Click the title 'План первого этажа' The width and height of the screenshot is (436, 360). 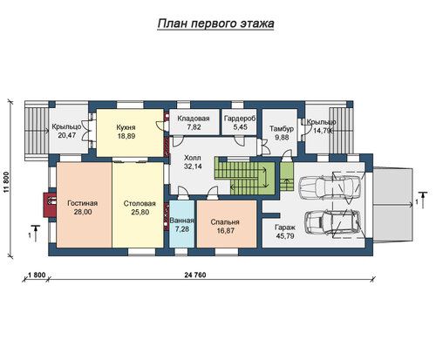(x=215, y=24)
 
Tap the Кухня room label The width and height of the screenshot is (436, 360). (x=126, y=127)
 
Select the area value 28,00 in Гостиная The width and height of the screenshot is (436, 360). (x=83, y=212)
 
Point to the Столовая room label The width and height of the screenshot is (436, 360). (x=140, y=203)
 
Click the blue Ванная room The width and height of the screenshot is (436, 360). (x=181, y=224)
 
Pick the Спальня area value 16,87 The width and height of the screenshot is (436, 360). (x=225, y=231)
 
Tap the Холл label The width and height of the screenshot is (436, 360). (x=193, y=158)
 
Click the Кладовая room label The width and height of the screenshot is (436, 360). (x=194, y=119)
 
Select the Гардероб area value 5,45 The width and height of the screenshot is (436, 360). (x=240, y=127)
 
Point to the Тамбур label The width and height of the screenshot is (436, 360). (x=282, y=128)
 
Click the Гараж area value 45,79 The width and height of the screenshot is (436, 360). (x=285, y=236)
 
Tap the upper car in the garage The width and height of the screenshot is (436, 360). (x=330, y=187)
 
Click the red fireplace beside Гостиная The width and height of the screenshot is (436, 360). (x=50, y=205)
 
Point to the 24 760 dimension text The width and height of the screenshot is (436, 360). (x=195, y=275)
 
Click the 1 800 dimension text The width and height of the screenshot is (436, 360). (x=37, y=275)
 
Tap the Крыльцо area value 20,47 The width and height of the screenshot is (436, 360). (x=67, y=135)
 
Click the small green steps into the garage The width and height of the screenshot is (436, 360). (x=287, y=176)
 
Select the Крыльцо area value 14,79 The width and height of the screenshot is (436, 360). (x=322, y=131)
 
